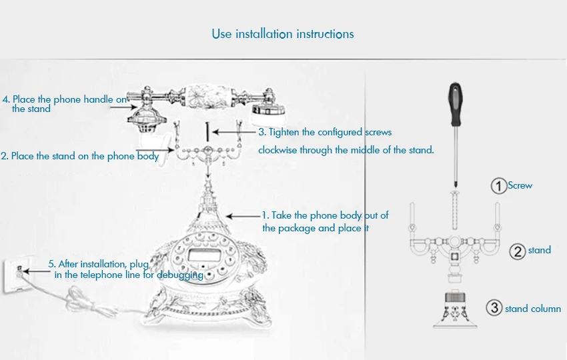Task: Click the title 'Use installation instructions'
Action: point(283,34)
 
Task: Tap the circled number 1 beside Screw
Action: point(498,186)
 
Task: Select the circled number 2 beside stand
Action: point(518,251)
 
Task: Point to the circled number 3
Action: point(494,308)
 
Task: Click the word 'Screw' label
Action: point(520,185)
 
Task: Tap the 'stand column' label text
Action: point(533,309)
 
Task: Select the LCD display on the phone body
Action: point(199,253)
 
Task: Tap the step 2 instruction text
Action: point(80,156)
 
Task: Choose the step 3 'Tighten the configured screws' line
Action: point(325,133)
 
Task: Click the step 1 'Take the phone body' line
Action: point(325,215)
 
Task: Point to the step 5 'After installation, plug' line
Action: point(99,264)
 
